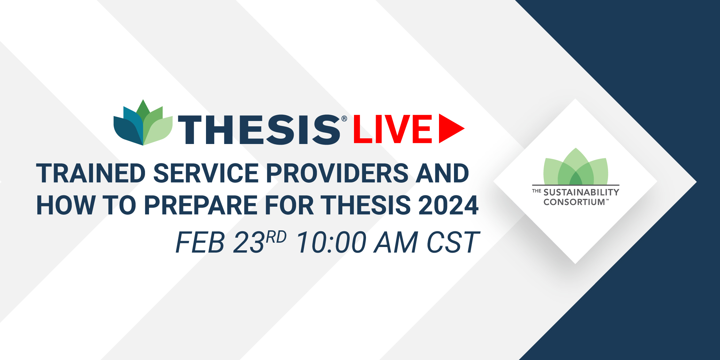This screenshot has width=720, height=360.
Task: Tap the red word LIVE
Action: tap(393, 129)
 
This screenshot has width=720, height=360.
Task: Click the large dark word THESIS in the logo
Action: tap(259, 130)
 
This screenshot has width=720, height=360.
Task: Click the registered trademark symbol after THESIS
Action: tap(344, 119)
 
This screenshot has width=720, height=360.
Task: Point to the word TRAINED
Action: tap(91, 173)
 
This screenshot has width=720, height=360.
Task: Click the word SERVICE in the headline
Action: tap(206, 173)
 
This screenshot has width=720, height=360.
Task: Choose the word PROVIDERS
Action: tap(337, 173)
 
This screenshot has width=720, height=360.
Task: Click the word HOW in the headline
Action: tap(66, 205)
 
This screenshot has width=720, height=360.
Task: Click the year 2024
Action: tap(448, 205)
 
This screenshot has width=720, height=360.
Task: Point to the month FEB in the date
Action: tap(200, 242)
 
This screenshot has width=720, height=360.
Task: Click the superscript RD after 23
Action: tap(276, 237)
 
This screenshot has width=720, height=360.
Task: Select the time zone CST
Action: tap(453, 242)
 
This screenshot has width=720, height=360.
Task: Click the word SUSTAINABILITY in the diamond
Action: tap(581, 192)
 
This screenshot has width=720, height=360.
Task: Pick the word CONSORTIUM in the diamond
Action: tap(574, 202)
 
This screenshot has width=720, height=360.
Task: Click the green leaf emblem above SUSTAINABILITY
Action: tap(576, 166)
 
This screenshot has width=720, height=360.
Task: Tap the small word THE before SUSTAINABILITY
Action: tap(536, 191)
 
